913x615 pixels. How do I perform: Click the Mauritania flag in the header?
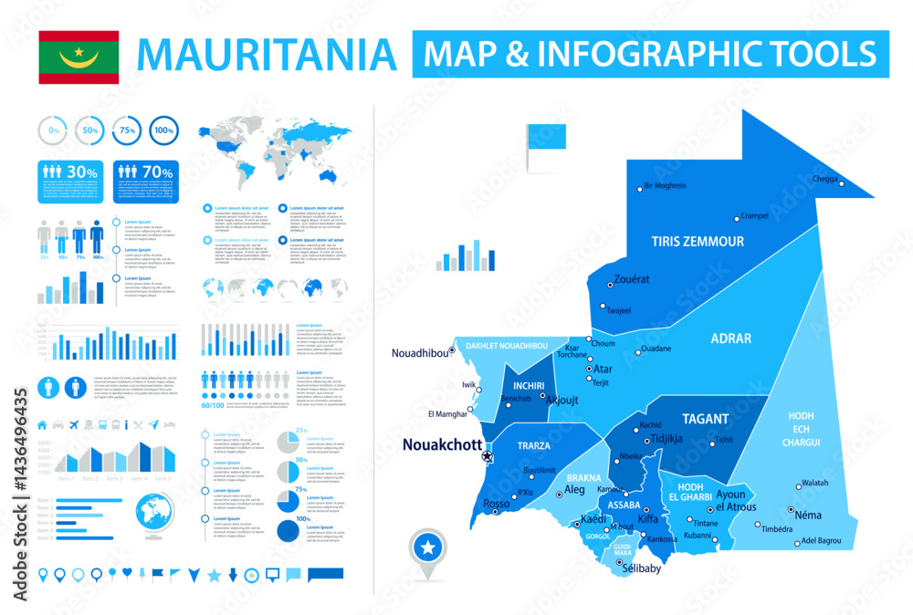[x=79, y=57]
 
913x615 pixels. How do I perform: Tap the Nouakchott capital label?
[x=442, y=445]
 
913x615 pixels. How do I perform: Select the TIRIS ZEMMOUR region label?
[x=697, y=242]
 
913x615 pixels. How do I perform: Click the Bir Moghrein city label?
[x=665, y=186]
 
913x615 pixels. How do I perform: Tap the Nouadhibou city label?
[x=420, y=353]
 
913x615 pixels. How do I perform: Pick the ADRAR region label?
[x=730, y=339]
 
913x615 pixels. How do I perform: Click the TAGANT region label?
[x=706, y=420]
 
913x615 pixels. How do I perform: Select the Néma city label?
[x=808, y=515]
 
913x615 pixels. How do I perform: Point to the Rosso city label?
[x=496, y=504]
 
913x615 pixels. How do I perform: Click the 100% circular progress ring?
[x=163, y=131]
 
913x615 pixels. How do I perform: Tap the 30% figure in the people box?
[x=82, y=171]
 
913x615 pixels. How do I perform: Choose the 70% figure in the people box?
[x=158, y=171]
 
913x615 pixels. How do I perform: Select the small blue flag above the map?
[x=546, y=137]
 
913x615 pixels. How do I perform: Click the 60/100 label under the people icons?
[x=211, y=404]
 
